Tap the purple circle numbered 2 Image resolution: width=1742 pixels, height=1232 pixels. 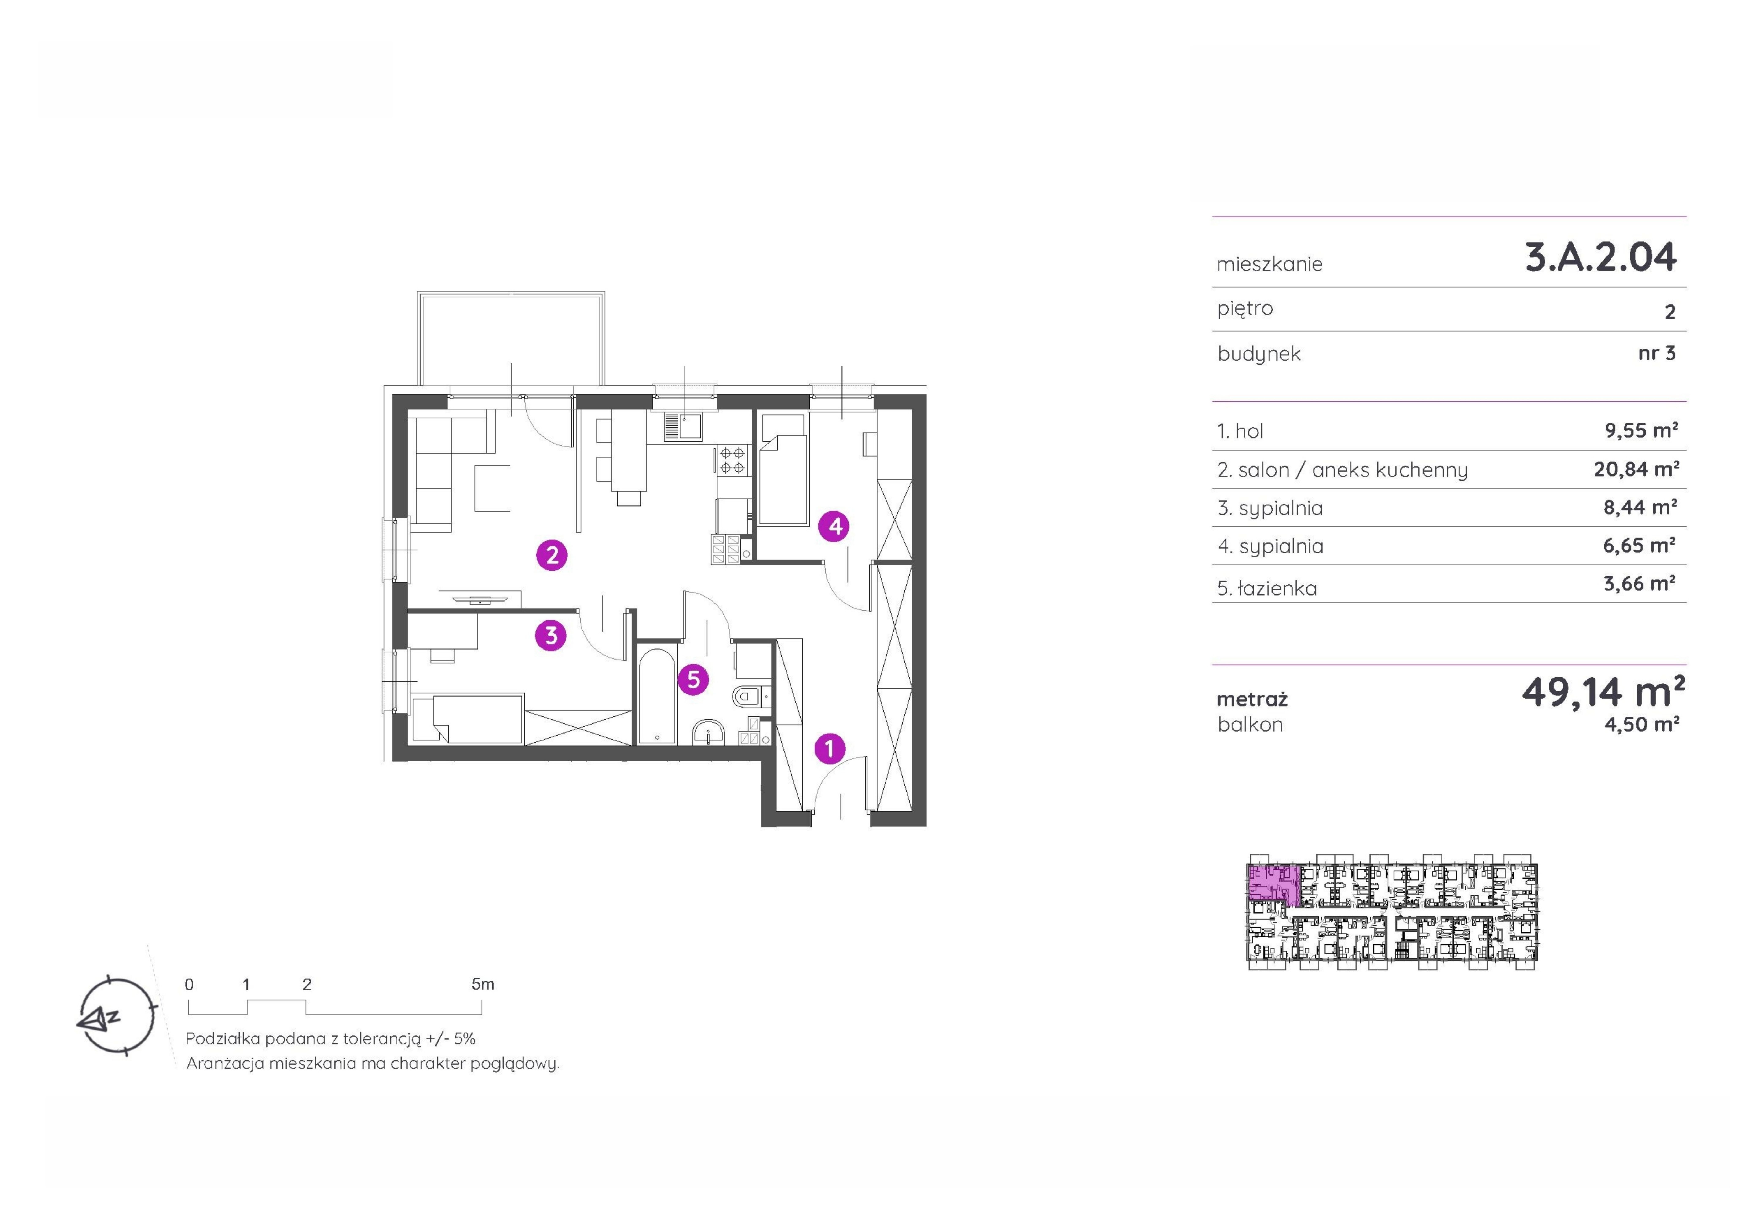tap(552, 555)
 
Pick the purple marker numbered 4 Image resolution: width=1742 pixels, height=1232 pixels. tap(835, 526)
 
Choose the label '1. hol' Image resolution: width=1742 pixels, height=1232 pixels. tap(1240, 431)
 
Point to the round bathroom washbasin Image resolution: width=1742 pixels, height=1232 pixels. tap(709, 732)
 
